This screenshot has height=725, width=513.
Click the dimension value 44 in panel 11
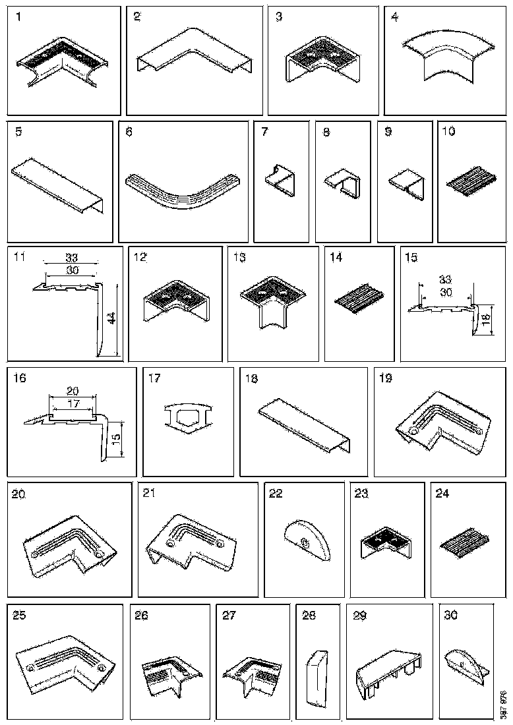[112, 318]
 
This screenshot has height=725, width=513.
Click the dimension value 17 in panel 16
[73, 401]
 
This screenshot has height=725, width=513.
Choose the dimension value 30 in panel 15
[446, 293]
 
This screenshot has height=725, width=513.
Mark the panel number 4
[394, 17]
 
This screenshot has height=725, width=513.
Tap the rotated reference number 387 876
[503, 704]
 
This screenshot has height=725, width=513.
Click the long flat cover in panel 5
[59, 185]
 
